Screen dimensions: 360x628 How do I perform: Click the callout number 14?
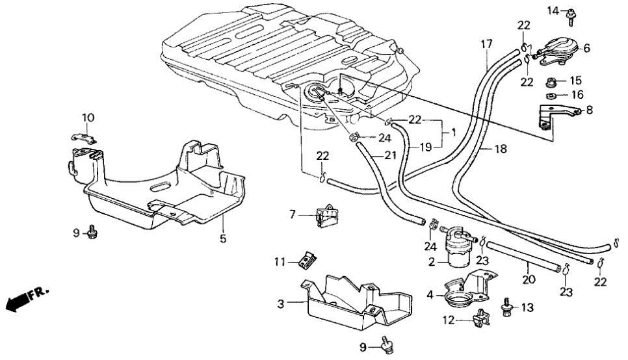coord(552,10)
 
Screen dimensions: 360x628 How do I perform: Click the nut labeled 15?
coord(555,83)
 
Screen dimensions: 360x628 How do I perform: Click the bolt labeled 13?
coord(506,305)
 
